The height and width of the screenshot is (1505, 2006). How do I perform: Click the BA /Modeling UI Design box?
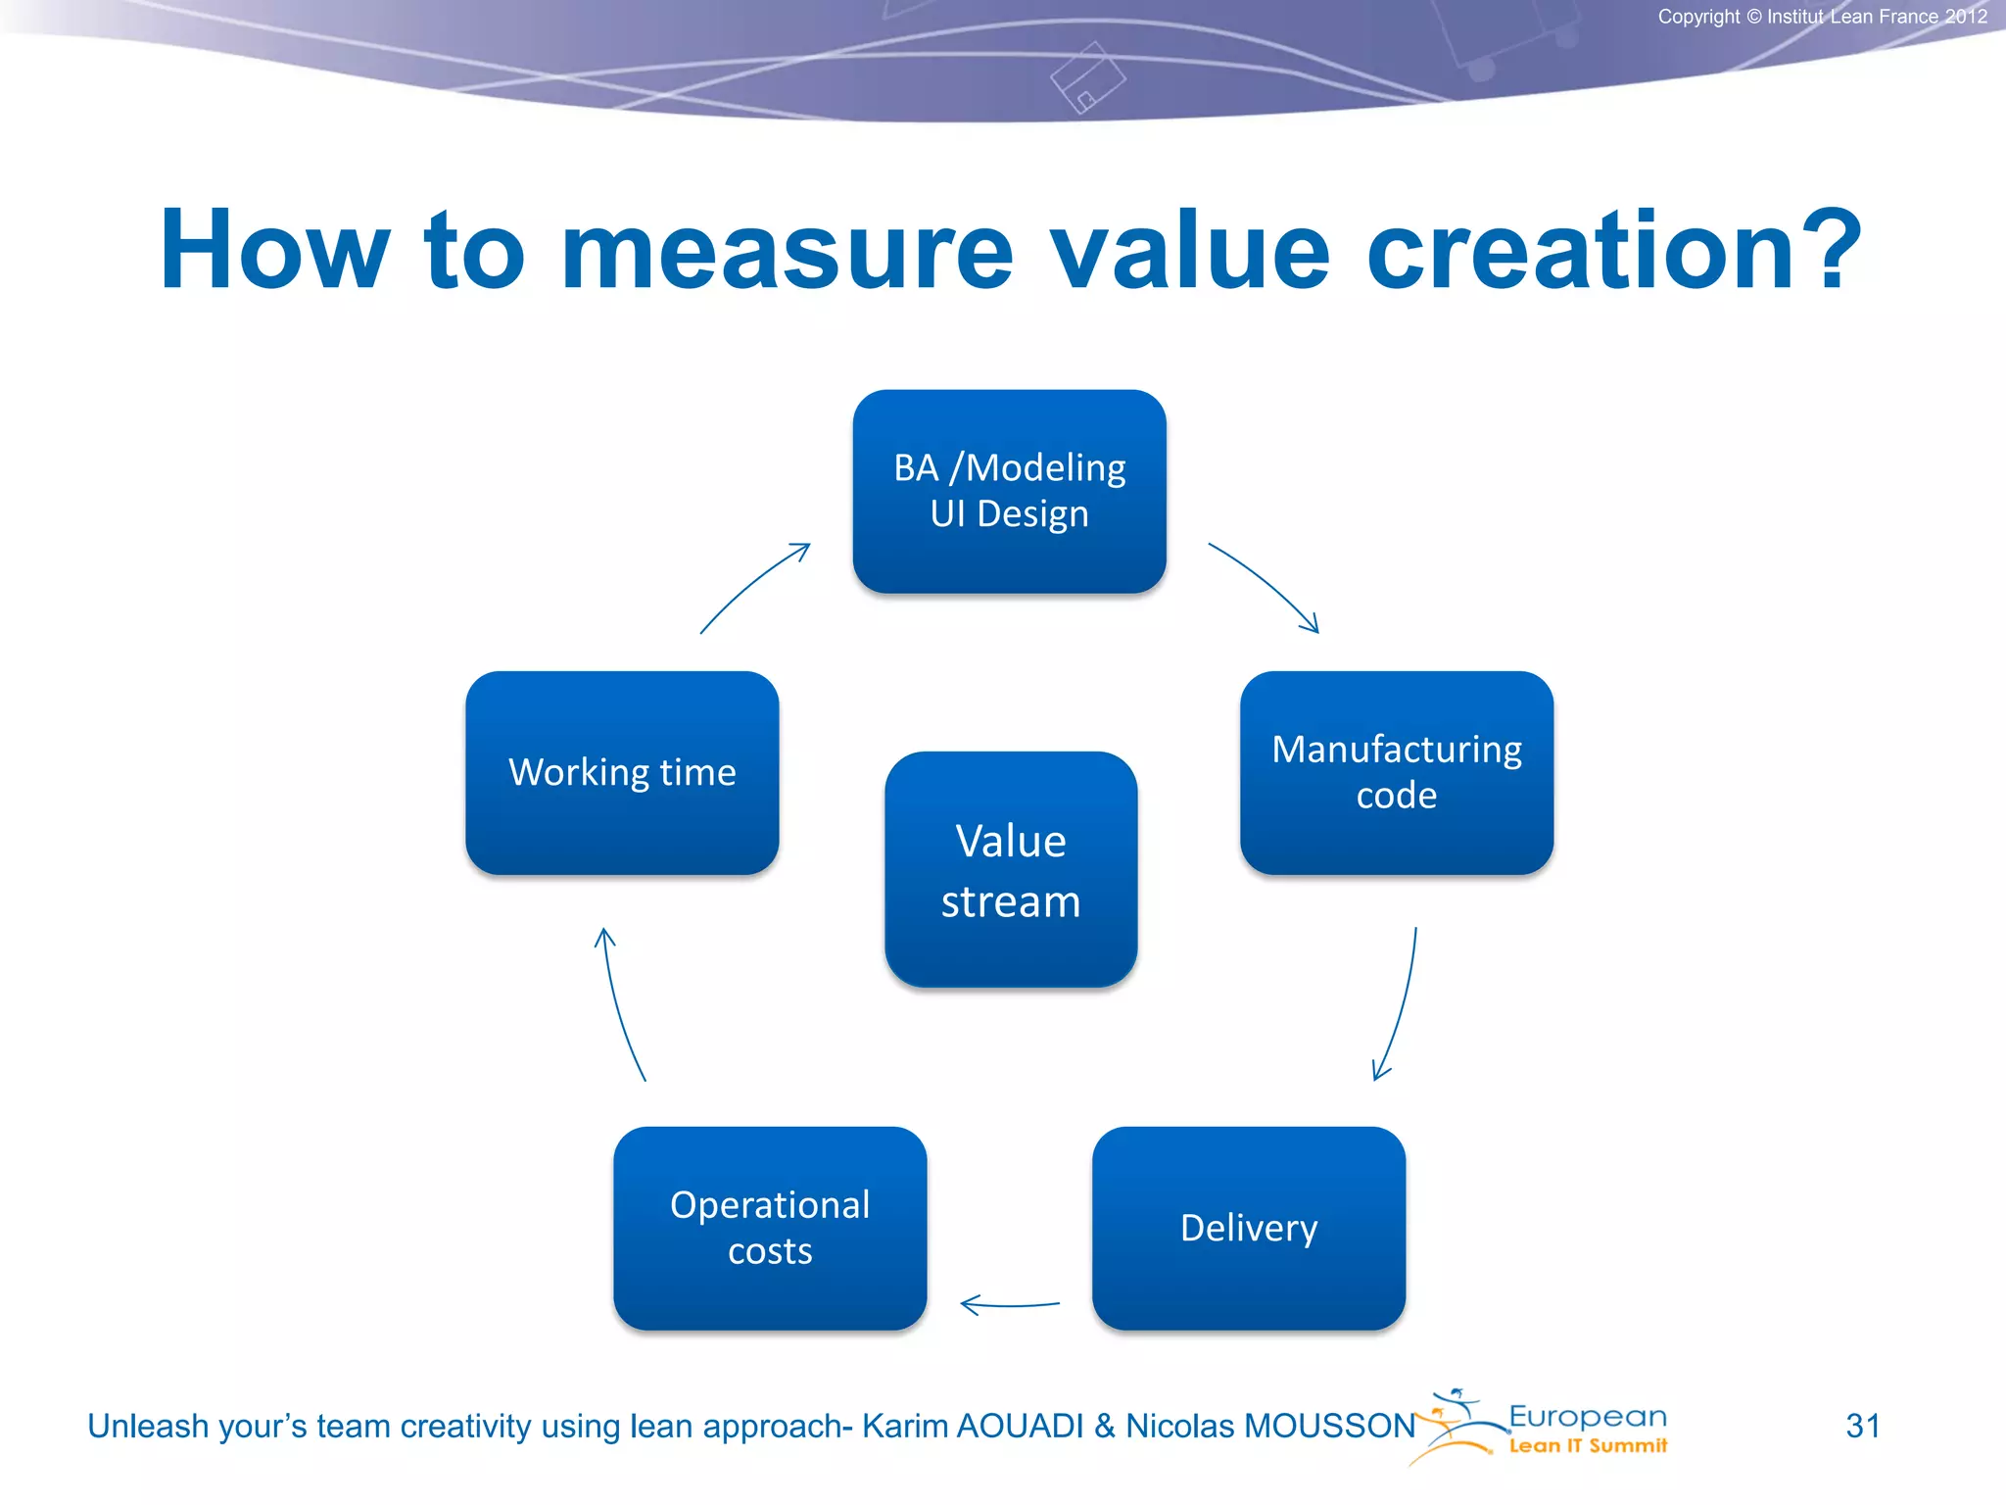(x=1009, y=491)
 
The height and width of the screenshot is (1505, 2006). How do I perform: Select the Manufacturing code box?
(x=1396, y=772)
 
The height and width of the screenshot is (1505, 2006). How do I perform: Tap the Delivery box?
(x=1249, y=1228)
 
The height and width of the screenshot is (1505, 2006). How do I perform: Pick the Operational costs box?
(x=770, y=1228)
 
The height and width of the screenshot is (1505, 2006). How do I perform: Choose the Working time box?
(x=622, y=772)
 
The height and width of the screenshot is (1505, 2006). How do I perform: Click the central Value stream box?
(x=1010, y=869)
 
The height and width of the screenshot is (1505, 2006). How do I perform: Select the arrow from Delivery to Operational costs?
(x=1009, y=1305)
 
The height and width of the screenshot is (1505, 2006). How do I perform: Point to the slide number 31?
(x=1862, y=1426)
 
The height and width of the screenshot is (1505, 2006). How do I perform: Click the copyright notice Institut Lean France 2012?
(x=1822, y=17)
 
